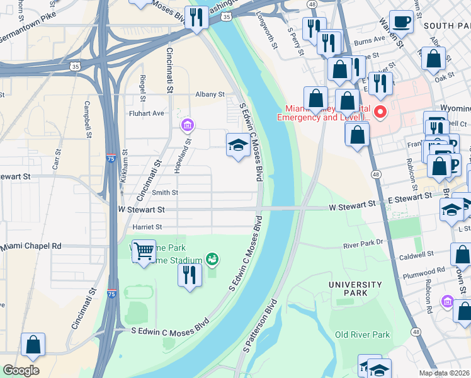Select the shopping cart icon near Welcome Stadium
pyautogui.click(x=144, y=251)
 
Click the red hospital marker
pyautogui.click(x=380, y=113)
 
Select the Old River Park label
pyautogui.click(x=362, y=335)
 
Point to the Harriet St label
pyautogui.click(x=147, y=227)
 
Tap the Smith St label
pyautogui.click(x=165, y=193)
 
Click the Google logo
pyautogui.click(x=21, y=370)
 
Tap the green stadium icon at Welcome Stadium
pyautogui.click(x=213, y=259)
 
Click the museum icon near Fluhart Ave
pyautogui.click(x=187, y=125)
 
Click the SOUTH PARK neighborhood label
pyautogui.click(x=446, y=26)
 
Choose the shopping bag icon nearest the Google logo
pyautogui.click(x=33, y=345)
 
